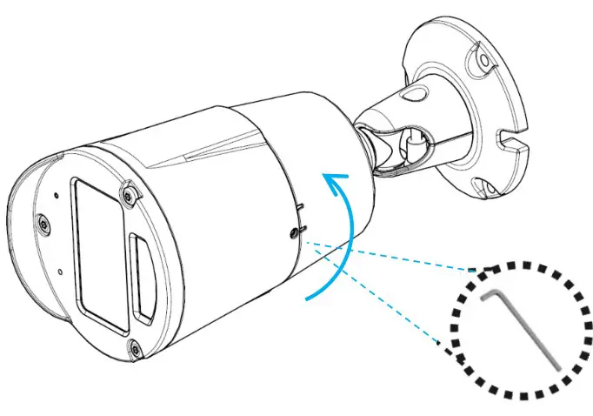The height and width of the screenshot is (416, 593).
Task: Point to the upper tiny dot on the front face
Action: tap(55, 195)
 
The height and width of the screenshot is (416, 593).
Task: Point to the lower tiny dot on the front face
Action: tap(58, 272)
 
